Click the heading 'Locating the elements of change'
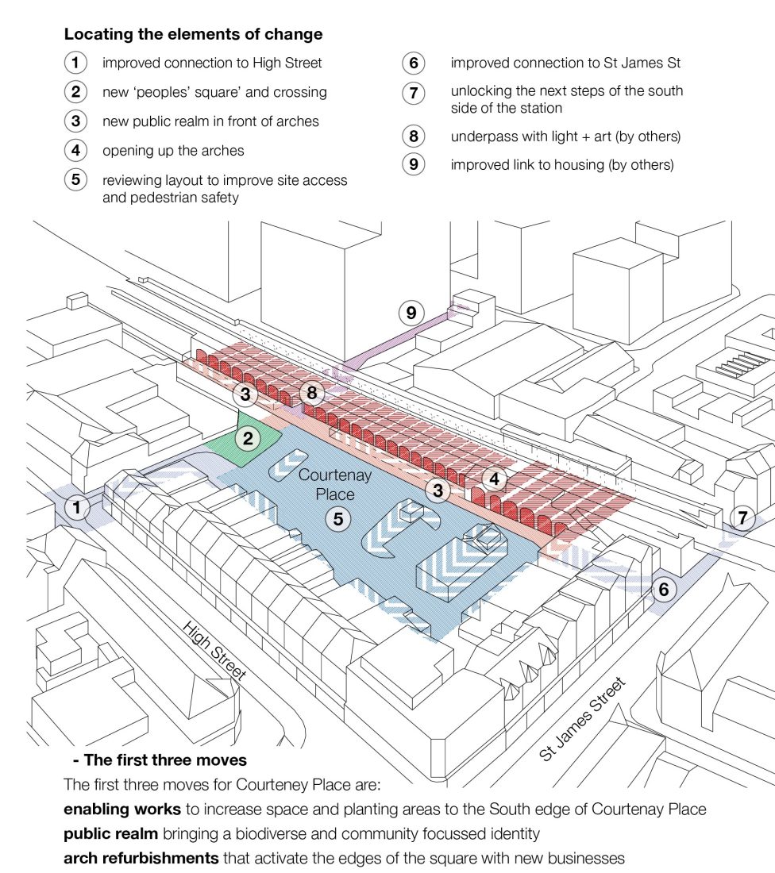[x=193, y=34]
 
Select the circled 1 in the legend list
[x=75, y=63]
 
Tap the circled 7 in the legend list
[x=413, y=92]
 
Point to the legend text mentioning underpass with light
[x=565, y=136]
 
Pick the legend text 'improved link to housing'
[x=561, y=165]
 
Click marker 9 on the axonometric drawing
[x=411, y=313]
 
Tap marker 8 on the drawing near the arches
[x=312, y=393]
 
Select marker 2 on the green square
[x=249, y=437]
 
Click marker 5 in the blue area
[x=337, y=519]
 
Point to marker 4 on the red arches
[x=495, y=479]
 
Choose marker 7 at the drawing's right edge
[x=742, y=519]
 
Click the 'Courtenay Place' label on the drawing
[x=326, y=484]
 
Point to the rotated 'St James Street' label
[x=582, y=720]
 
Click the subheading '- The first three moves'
[x=160, y=760]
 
